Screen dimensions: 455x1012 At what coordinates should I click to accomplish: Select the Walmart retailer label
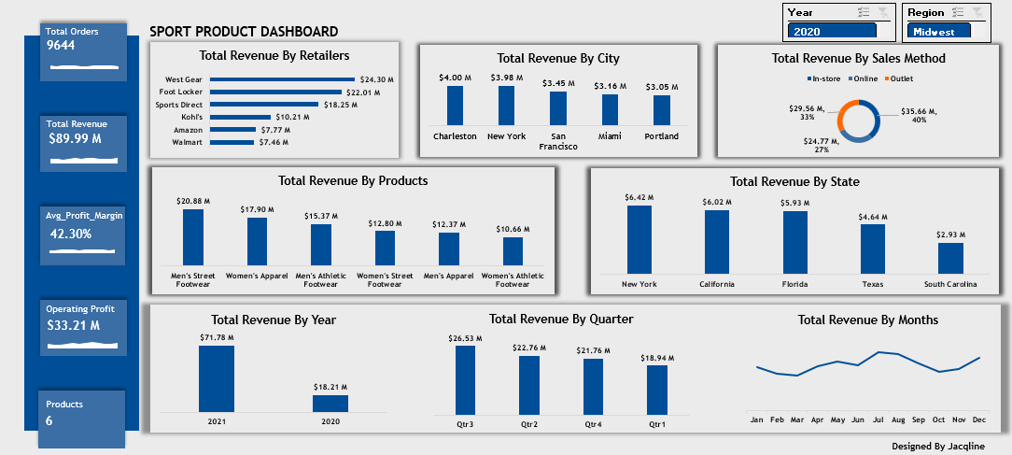(x=188, y=143)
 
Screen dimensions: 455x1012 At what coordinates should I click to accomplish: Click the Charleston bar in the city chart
(x=455, y=106)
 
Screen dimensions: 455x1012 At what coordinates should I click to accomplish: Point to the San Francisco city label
(x=558, y=141)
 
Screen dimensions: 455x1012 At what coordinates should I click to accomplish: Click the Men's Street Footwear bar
(x=193, y=237)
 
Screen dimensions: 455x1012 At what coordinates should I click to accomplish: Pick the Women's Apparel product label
(x=257, y=275)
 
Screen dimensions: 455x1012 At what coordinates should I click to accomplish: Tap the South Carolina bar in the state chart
(x=950, y=258)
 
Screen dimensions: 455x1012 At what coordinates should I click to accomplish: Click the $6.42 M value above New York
(x=639, y=197)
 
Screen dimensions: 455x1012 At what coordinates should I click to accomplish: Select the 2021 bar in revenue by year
(x=217, y=379)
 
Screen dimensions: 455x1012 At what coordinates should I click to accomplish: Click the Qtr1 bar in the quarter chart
(x=657, y=390)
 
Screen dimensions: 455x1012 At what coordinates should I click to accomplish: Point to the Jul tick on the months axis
(x=878, y=420)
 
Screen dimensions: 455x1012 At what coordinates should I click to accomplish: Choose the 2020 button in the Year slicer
(x=832, y=32)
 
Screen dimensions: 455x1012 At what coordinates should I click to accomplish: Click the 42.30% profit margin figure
(x=71, y=234)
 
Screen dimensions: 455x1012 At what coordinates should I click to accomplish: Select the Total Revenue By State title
(x=794, y=181)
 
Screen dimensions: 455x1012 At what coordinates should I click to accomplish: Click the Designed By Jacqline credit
(x=937, y=447)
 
